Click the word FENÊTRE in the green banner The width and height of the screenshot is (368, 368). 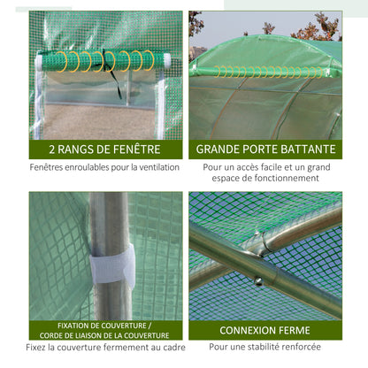tap(137, 149)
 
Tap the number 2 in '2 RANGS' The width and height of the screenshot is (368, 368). tap(52, 149)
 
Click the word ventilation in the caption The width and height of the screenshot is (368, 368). tap(159, 167)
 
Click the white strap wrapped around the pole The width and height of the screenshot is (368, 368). tap(112, 264)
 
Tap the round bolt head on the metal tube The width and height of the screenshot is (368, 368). tap(258, 281)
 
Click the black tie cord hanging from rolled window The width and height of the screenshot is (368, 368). tap(112, 73)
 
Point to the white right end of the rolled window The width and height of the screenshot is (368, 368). tap(167, 61)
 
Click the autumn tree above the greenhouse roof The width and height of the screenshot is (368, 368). tap(316, 28)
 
